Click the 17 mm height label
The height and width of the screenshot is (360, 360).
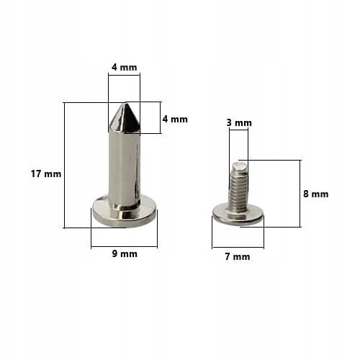[x=46, y=174]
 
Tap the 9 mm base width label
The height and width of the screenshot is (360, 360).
[x=124, y=253]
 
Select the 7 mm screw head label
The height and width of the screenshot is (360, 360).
[x=237, y=256]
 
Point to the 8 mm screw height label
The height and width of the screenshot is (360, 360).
[x=315, y=194]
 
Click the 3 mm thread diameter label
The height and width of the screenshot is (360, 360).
[x=239, y=123]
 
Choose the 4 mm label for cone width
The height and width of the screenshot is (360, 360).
[x=124, y=67]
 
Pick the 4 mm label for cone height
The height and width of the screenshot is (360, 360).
[x=175, y=119]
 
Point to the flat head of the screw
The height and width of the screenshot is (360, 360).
[x=238, y=215]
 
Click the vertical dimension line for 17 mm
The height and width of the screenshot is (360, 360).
[x=65, y=166]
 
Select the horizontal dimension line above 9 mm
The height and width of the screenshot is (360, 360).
[x=124, y=247]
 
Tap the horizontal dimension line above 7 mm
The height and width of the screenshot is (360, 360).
[x=238, y=248]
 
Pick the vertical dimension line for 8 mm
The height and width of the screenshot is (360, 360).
[x=300, y=193]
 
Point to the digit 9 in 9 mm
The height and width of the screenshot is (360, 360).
[x=115, y=253]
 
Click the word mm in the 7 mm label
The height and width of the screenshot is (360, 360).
[x=242, y=256]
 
